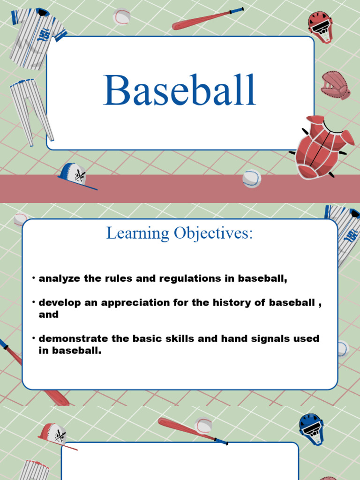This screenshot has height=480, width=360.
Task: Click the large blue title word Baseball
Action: click(x=180, y=90)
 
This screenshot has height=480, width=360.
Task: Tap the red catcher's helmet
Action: click(x=320, y=26)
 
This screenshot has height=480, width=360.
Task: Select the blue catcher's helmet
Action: click(x=311, y=428)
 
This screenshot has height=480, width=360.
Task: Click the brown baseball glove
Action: click(x=336, y=85)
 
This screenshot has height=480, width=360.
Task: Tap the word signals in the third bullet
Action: click(x=265, y=338)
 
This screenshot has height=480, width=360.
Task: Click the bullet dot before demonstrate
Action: click(x=34, y=337)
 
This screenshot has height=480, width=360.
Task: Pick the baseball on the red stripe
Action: click(x=252, y=178)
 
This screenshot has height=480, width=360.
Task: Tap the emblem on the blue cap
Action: click(x=80, y=175)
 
